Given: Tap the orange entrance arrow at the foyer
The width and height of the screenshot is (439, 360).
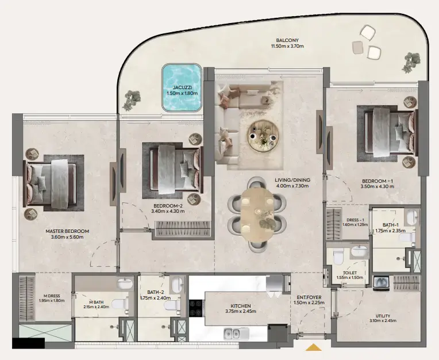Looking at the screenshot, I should (313, 347).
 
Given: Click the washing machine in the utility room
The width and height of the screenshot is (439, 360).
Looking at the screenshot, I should (381, 282).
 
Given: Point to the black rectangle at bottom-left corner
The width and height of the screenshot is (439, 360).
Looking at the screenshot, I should (28, 343).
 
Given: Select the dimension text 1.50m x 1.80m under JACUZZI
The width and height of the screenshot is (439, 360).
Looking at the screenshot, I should (182, 93).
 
